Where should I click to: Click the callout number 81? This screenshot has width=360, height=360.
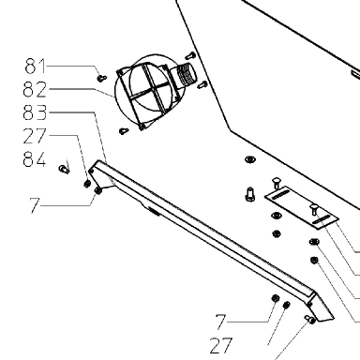(x=35, y=66)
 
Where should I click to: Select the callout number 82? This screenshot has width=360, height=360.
(x=35, y=89)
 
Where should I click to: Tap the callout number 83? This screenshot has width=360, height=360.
(x=35, y=112)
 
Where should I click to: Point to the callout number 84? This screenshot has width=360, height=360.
(x=35, y=158)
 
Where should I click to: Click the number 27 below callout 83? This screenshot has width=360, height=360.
(x=35, y=136)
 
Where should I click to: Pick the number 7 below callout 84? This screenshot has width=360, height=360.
(x=35, y=205)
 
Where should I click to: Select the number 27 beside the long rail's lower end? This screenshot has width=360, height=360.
(x=221, y=345)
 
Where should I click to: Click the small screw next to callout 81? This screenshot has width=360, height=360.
(x=102, y=78)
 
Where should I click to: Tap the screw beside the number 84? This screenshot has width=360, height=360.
(x=64, y=169)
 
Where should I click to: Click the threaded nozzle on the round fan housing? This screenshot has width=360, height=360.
(x=186, y=74)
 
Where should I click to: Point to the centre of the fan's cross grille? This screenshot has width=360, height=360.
(x=147, y=91)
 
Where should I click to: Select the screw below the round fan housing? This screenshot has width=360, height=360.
(x=124, y=130)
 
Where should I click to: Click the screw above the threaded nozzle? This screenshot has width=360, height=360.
(x=190, y=56)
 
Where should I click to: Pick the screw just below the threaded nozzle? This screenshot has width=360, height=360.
(x=202, y=84)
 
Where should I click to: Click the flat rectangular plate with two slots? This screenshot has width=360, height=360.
(x=302, y=208)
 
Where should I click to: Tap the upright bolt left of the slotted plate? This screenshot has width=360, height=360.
(x=250, y=194)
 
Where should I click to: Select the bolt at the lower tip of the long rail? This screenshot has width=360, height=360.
(x=309, y=319)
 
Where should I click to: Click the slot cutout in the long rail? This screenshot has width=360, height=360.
(x=154, y=211)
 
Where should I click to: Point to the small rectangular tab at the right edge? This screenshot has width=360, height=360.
(x=355, y=74)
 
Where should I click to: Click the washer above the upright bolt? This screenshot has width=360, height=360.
(x=249, y=160)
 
